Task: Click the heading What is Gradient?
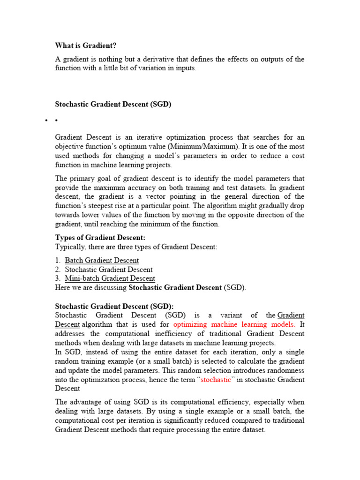point(86,45)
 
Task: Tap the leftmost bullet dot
point(46,121)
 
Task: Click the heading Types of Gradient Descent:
point(100,238)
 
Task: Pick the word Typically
point(70,247)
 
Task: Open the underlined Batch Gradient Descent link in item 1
point(102,260)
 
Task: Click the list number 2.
point(58,270)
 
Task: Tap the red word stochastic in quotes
point(216,380)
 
